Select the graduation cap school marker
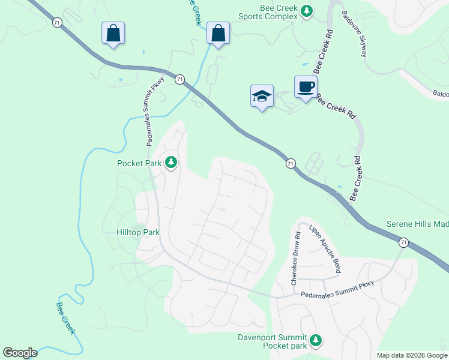tap(262, 96)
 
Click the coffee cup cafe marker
tap(306, 87)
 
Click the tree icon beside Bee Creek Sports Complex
tap(307, 11)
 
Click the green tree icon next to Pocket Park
tap(171, 162)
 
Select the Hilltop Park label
tap(138, 232)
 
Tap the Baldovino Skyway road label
tap(354, 34)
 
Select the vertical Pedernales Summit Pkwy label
tap(153, 114)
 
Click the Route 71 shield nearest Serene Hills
tap(403, 242)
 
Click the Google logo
tap(20, 353)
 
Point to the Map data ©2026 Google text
tap(411, 355)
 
